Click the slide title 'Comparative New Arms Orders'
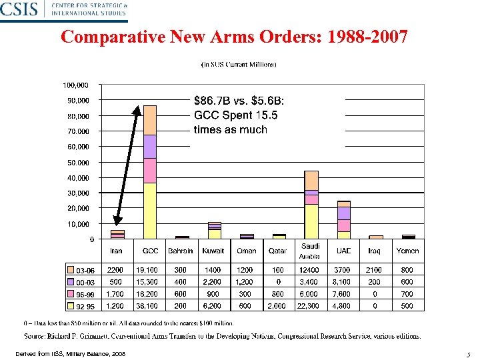click(x=234, y=37)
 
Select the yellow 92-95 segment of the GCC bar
click(x=149, y=211)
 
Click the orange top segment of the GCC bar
click(x=149, y=120)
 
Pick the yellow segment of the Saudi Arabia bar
click(x=311, y=221)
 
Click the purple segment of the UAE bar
click(x=343, y=213)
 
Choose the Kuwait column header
click(x=213, y=251)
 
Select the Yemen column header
click(x=407, y=251)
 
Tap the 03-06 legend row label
click(x=85, y=270)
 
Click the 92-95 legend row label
click(x=85, y=307)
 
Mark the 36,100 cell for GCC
click(x=147, y=306)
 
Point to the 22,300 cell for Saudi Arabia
click(x=311, y=306)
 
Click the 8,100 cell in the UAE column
click(x=343, y=282)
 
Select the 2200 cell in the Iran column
click(x=115, y=270)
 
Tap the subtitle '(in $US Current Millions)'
click(x=239, y=65)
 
